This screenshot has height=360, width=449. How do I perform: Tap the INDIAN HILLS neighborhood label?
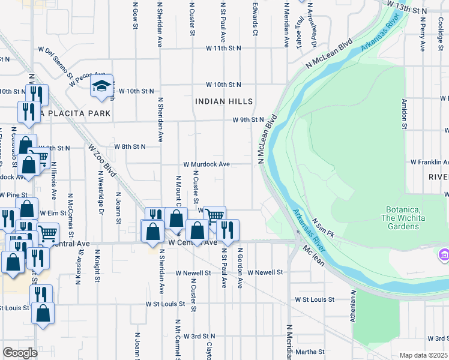[223, 101]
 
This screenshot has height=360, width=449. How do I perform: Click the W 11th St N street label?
[223, 47]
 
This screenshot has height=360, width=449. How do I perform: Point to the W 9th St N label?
[249, 119]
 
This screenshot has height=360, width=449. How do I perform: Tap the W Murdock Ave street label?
[206, 164]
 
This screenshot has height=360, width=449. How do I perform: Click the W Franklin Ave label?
[429, 162]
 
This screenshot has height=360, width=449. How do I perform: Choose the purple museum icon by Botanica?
[444, 254]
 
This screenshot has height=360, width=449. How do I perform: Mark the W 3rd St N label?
[199, 336]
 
